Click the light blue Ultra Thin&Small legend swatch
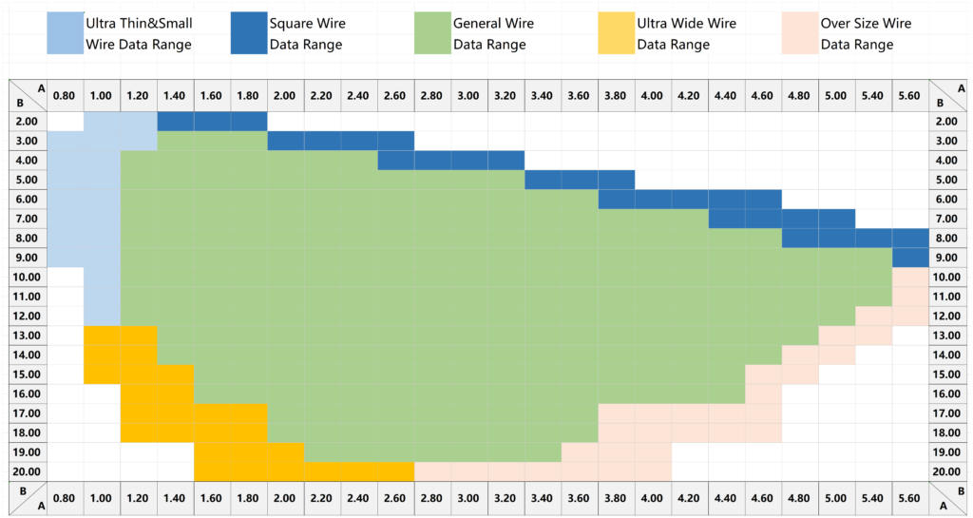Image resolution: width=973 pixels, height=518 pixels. coord(64,34)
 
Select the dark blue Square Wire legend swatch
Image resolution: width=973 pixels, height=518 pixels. coord(248,34)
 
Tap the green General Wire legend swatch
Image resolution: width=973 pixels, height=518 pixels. coord(431,34)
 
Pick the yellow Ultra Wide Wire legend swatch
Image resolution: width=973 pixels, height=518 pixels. coord(615,34)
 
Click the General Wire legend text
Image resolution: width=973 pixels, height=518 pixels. coord(493,34)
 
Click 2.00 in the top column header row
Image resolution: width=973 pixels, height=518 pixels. coord(285,95)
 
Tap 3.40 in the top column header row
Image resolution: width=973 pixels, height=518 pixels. coord(542,95)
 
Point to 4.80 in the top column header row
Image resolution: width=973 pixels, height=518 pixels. coord(799,95)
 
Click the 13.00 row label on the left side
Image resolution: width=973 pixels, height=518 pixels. coord(27,336)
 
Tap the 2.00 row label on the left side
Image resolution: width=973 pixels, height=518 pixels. coord(27,121)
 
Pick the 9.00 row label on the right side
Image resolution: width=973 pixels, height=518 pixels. coord(946,257)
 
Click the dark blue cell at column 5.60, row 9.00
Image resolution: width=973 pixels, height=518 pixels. coord(909,257)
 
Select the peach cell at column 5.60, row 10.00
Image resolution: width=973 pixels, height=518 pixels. coord(909,277)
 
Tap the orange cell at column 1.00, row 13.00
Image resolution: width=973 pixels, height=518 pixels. coord(102,336)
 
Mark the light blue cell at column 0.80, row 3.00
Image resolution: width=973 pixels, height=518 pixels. coord(65,141)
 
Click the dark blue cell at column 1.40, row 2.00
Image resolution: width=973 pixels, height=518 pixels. coord(175,121)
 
